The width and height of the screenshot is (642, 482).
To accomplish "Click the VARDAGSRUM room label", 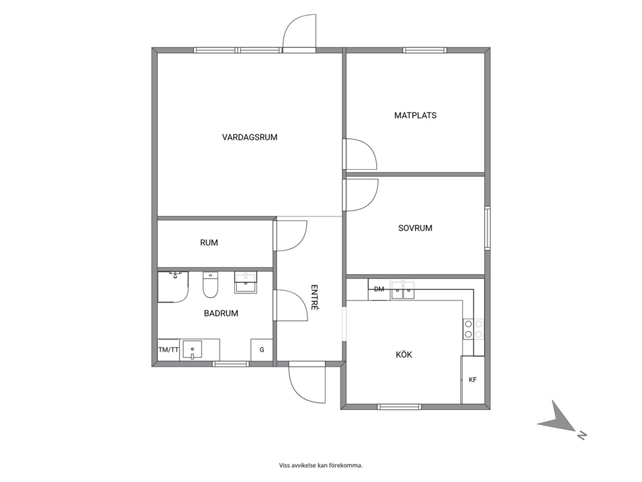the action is pos(250,137).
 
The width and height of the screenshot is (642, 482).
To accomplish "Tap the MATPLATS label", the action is pos(415,115).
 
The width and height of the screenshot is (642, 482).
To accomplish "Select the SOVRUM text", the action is pos(415,228).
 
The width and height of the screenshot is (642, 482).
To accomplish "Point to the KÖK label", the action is pos(404,354).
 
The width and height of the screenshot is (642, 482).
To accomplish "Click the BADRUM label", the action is pos(221,314).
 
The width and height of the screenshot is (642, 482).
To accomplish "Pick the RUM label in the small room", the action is pos(209,243).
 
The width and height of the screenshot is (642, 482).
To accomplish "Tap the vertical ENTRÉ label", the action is pos(315,297).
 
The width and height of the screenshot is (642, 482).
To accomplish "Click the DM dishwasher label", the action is pos(379,290).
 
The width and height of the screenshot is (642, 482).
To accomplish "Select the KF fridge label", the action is pos(472,380).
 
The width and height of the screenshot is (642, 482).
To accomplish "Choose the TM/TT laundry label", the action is pos(169,350).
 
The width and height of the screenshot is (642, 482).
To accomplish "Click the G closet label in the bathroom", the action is pos(261,350).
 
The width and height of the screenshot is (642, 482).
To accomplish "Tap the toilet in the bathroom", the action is pos(210,285).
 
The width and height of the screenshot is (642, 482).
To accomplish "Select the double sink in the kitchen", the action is pos(403,291).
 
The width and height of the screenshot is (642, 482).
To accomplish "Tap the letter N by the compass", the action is pos(582,436).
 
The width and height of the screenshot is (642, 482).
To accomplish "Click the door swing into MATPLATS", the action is pos(360,154).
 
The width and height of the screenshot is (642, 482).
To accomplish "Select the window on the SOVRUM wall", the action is pos(487,228).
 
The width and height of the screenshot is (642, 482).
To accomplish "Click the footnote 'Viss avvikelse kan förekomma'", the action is pos(321,465).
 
